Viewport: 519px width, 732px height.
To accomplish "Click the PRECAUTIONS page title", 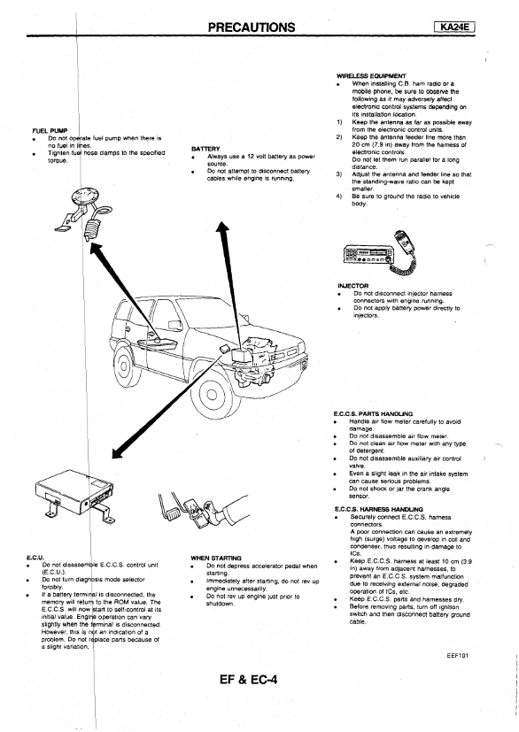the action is coord(252,27).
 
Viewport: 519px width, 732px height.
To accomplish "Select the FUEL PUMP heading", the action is coord(50,130).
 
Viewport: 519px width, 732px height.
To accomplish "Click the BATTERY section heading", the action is coord(205,149).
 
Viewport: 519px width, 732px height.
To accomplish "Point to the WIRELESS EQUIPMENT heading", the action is coord(371,75).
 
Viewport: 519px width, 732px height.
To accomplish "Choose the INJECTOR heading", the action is coord(352,286).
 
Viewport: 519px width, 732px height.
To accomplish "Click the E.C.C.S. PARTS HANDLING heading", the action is coord(373,413).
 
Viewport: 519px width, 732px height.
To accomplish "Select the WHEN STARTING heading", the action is coord(216,558).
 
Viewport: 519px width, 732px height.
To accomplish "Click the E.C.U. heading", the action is coord(35,558).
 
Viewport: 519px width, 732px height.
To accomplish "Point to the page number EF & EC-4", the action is coord(249,679).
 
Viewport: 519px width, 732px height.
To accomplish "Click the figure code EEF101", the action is coord(457,656).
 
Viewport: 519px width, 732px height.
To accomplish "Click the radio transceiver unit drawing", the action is coord(367,254).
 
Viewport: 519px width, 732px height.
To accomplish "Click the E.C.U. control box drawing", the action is coord(74,496).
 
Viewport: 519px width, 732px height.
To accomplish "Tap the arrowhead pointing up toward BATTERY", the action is coord(222,229).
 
